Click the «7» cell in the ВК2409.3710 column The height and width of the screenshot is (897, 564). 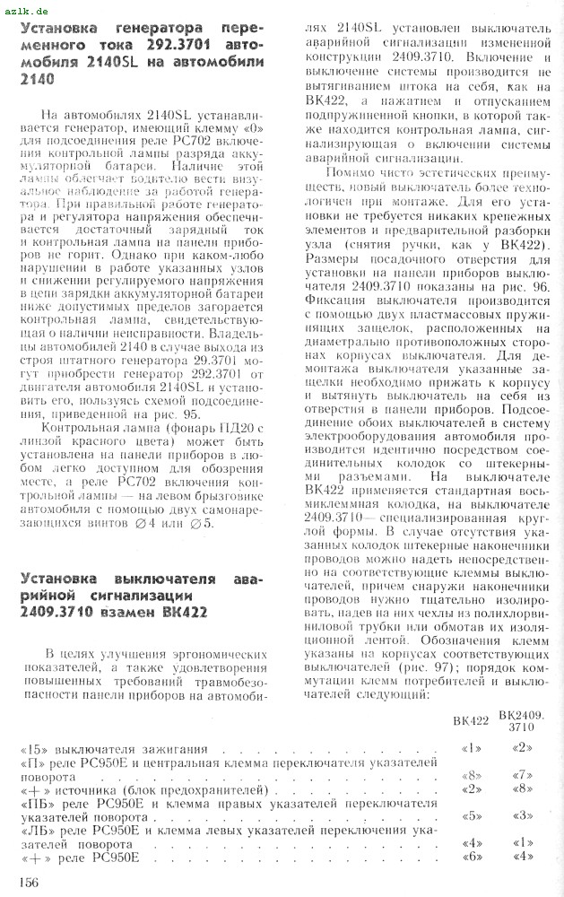pyautogui.click(x=521, y=775)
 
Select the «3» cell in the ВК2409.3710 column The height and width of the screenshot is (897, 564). pyautogui.click(x=522, y=816)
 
